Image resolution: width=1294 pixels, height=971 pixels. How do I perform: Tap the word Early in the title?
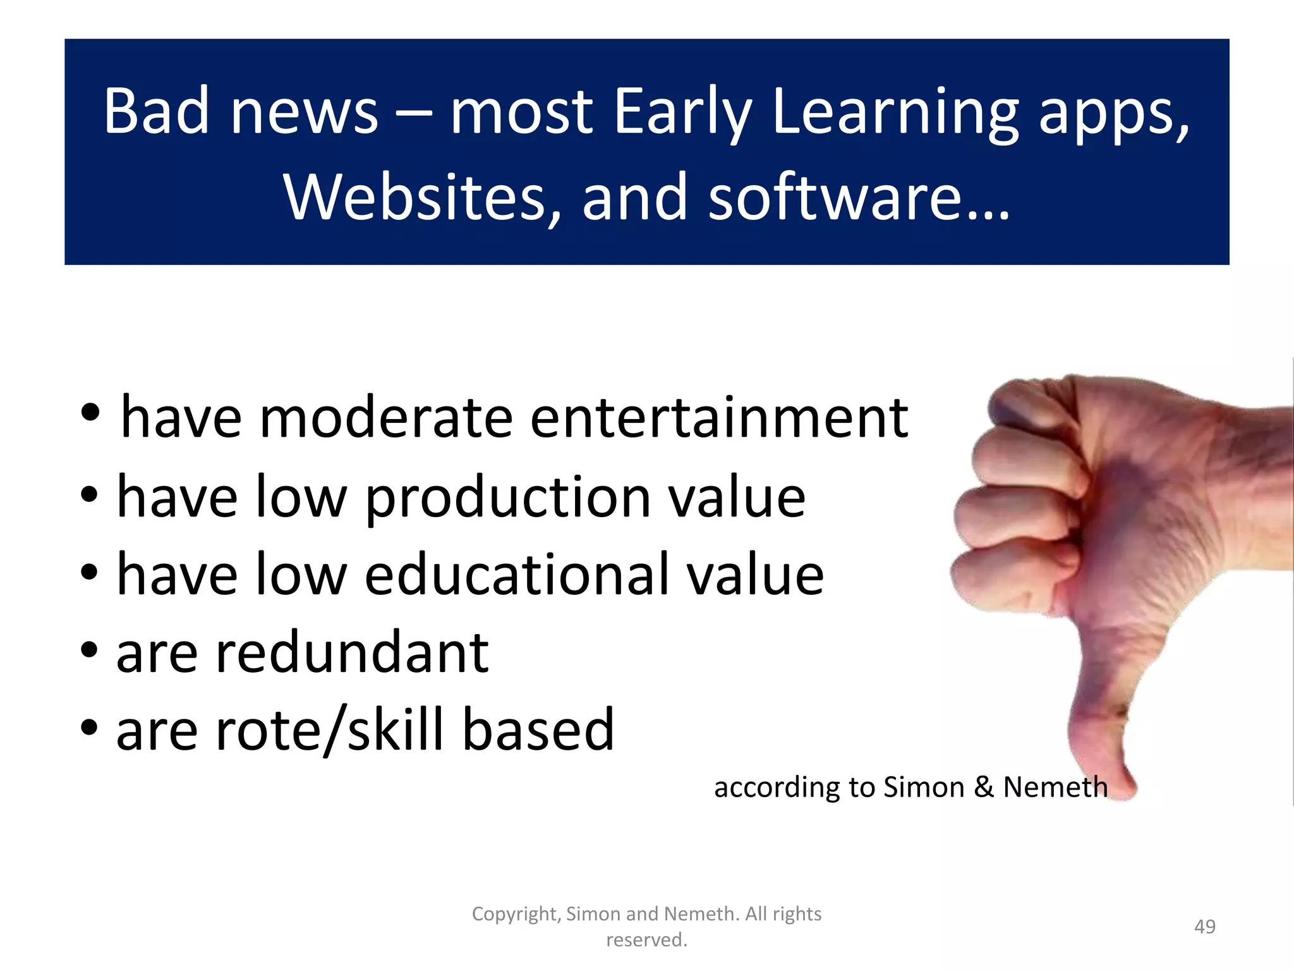tap(682, 113)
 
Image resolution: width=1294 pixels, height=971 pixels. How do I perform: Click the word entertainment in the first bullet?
tap(719, 418)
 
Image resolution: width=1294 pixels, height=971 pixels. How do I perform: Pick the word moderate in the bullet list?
tap(385, 418)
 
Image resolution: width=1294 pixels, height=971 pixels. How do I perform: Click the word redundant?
tap(351, 653)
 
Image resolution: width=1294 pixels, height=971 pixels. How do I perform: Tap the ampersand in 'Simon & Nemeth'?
tap(983, 788)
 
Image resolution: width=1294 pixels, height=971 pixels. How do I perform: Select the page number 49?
tap(1204, 927)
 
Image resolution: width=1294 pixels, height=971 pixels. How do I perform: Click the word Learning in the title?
tap(895, 113)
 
